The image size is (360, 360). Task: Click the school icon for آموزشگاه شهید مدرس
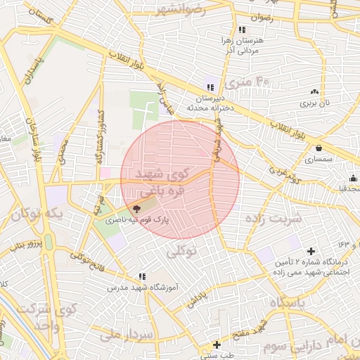143,277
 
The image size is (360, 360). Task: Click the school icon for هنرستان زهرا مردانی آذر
242,30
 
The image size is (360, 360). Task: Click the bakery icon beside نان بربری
314,91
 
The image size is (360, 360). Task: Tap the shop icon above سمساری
320,148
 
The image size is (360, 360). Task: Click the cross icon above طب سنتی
217,345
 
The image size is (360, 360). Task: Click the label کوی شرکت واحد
46,315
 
